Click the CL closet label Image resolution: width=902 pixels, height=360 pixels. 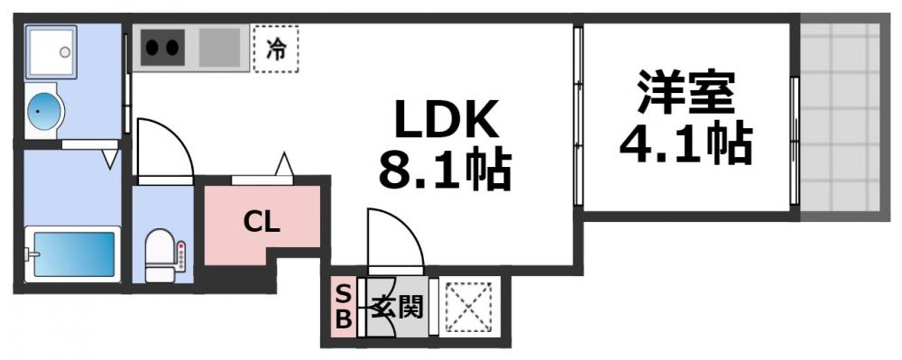pyautogui.click(x=261, y=222)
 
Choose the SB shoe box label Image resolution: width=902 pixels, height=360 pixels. pyautogui.click(x=344, y=308)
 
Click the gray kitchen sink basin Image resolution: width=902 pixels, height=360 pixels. pyautogui.click(x=219, y=47)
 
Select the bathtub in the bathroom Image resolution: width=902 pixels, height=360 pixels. pyautogui.click(x=72, y=254)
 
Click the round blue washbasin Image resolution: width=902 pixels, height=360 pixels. pyautogui.click(x=43, y=112)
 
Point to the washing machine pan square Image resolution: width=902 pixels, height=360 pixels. pyautogui.click(x=51, y=52)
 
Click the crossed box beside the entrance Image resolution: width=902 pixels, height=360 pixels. pyautogui.click(x=469, y=307)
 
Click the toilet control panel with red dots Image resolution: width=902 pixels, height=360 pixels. pyautogui.click(x=180, y=258)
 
